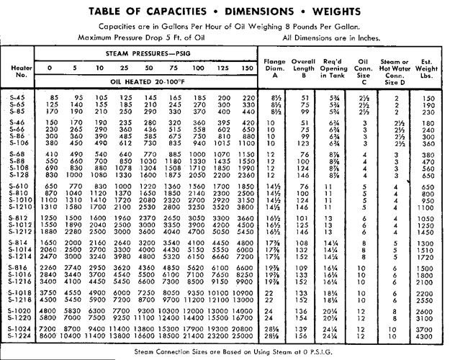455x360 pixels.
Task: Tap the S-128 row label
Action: pos(21,174)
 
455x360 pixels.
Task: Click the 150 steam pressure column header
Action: pos(246,69)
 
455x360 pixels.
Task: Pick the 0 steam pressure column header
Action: pos(50,69)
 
